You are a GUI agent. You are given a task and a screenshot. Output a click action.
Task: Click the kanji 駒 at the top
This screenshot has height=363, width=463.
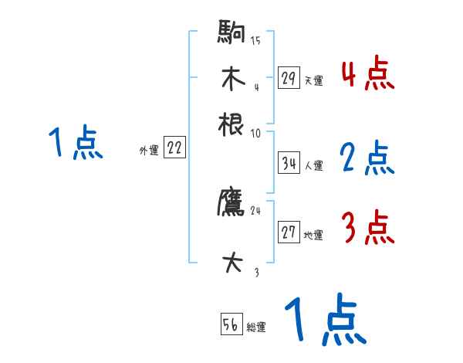231,34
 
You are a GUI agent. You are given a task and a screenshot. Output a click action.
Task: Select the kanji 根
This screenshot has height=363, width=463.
231,124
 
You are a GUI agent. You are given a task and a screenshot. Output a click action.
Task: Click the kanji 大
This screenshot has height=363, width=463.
231,263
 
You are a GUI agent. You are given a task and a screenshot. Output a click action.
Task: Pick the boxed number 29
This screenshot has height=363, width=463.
289,77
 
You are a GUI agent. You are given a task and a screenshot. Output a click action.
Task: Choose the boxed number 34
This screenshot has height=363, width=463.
289,164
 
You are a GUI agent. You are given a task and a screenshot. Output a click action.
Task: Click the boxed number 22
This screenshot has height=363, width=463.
174,149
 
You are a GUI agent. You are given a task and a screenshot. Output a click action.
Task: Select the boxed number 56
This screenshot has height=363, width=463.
230,325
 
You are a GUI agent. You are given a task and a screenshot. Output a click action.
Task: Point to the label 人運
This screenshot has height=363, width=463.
313,165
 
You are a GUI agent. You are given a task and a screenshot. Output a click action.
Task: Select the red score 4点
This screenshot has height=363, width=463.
367,74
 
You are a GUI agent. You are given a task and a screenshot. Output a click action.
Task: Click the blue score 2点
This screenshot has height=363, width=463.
367,159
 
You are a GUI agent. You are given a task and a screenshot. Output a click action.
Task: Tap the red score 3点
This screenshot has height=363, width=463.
367,228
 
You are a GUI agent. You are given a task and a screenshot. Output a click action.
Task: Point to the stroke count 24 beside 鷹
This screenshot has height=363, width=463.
255,210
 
